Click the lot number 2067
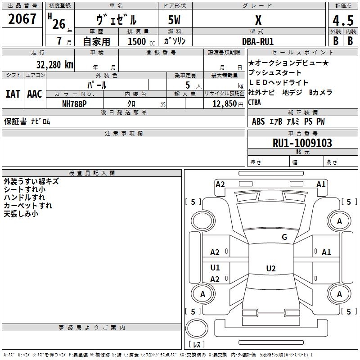tap(22, 19)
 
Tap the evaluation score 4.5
tap(343, 21)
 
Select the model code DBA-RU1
tap(258, 41)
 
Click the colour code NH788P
tap(74, 103)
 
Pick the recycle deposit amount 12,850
tap(224, 104)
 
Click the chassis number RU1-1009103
tap(302, 143)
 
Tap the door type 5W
tap(174, 21)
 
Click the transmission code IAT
tap(13, 94)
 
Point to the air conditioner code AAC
tap(35, 94)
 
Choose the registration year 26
tap(59, 24)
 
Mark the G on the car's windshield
tap(284, 237)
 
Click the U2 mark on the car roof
tap(270, 269)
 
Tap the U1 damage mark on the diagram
tap(215, 268)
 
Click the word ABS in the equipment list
tap(258, 121)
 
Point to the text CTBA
tap(255, 102)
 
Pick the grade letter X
tap(258, 20)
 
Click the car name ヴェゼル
tap(117, 20)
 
